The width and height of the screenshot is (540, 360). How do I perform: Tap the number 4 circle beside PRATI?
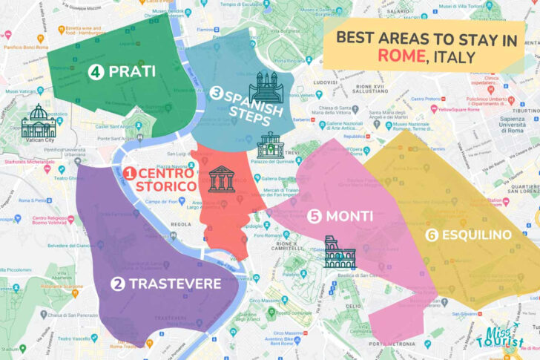[95, 72]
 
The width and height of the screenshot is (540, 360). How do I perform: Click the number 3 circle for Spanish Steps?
[217, 94]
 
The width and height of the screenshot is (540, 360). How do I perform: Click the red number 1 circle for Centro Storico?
[128, 174]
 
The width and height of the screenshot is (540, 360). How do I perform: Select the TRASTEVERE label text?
[175, 284]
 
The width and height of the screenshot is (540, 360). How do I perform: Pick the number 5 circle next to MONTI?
[315, 216]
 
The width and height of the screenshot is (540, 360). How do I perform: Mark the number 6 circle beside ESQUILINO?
[432, 235]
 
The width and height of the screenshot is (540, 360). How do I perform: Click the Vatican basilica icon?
[39, 121]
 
